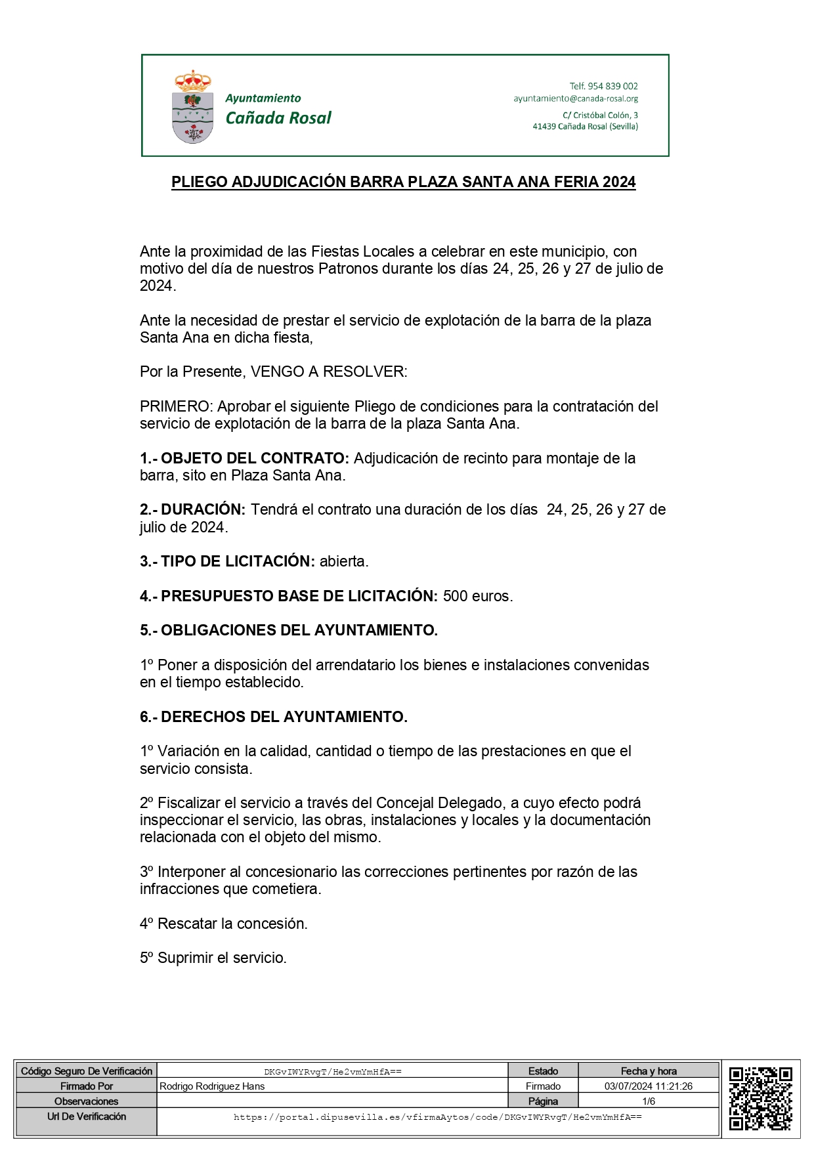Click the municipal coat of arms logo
click(192, 106)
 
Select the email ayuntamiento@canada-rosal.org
click(576, 98)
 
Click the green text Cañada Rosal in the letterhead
click(278, 118)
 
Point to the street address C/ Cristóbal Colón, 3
click(600, 115)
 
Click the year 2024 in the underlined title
click(619, 182)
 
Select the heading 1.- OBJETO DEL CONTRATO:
click(244, 458)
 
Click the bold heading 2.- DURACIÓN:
click(192, 509)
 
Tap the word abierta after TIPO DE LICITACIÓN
click(344, 561)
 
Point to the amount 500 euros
click(477, 596)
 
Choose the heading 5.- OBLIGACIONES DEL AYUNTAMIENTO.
click(289, 630)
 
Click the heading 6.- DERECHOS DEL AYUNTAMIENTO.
click(274, 717)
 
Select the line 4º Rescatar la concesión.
click(224, 924)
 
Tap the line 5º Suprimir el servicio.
click(213, 958)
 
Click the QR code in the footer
click(760, 1099)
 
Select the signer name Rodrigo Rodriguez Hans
click(212, 1086)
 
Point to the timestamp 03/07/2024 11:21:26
click(649, 1086)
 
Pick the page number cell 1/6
click(649, 1101)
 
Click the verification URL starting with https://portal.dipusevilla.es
click(438, 1117)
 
